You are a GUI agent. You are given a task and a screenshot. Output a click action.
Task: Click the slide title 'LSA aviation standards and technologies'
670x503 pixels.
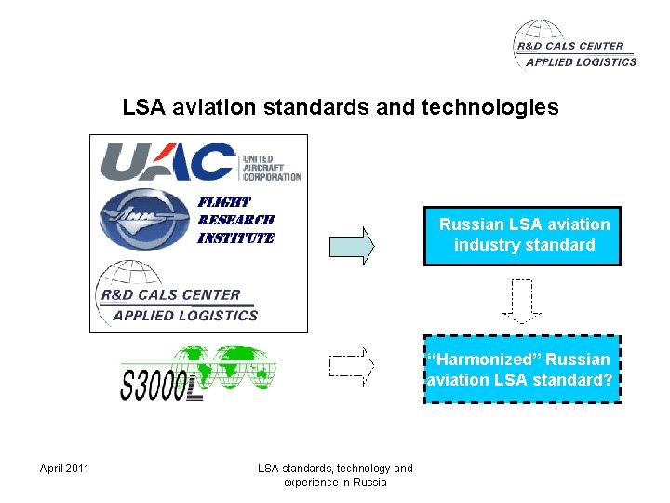(341, 107)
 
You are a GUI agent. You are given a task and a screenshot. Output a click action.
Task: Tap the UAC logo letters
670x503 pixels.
(168, 161)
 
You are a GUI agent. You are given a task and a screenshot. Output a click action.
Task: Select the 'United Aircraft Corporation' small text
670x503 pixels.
(271, 168)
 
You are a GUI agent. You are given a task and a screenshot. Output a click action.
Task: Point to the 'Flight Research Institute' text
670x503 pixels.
(235, 220)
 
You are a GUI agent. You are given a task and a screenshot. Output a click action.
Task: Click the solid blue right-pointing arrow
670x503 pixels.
(352, 245)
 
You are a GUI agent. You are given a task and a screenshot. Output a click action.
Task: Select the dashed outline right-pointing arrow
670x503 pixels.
(351, 366)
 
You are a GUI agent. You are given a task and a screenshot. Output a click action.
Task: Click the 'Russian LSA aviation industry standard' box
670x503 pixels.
(522, 236)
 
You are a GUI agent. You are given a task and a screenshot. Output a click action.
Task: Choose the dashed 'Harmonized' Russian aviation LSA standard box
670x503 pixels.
(522, 369)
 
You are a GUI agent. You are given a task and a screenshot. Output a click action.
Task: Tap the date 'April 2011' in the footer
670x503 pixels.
(64, 468)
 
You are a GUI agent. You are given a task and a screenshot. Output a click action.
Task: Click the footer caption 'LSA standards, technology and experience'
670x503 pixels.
(335, 475)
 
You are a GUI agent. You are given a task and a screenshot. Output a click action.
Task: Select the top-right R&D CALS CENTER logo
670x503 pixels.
(574, 46)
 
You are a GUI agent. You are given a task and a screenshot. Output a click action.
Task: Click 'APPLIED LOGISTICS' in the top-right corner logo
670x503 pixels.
(581, 62)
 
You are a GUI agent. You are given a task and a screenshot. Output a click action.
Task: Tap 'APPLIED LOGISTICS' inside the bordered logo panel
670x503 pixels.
(185, 316)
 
